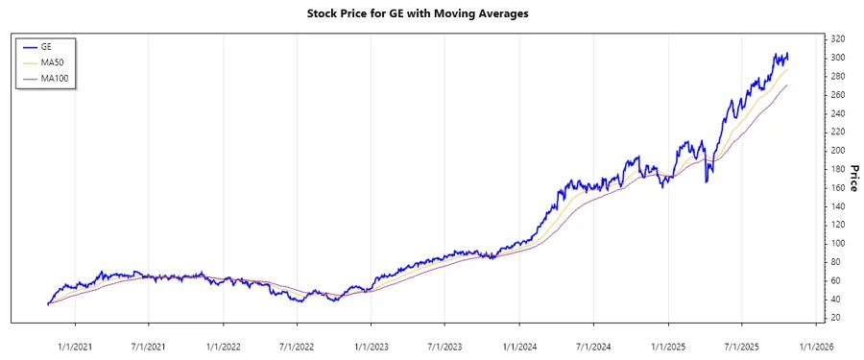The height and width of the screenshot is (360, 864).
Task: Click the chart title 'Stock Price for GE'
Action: pyautogui.click(x=431, y=14)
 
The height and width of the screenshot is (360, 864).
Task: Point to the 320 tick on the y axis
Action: pyautogui.click(x=837, y=39)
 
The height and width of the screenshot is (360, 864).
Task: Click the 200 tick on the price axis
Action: pyautogui.click(x=837, y=151)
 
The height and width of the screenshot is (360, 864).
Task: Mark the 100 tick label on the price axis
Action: pyautogui.click(x=837, y=244)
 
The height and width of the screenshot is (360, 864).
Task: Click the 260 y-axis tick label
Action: pyautogui.click(x=837, y=95)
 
